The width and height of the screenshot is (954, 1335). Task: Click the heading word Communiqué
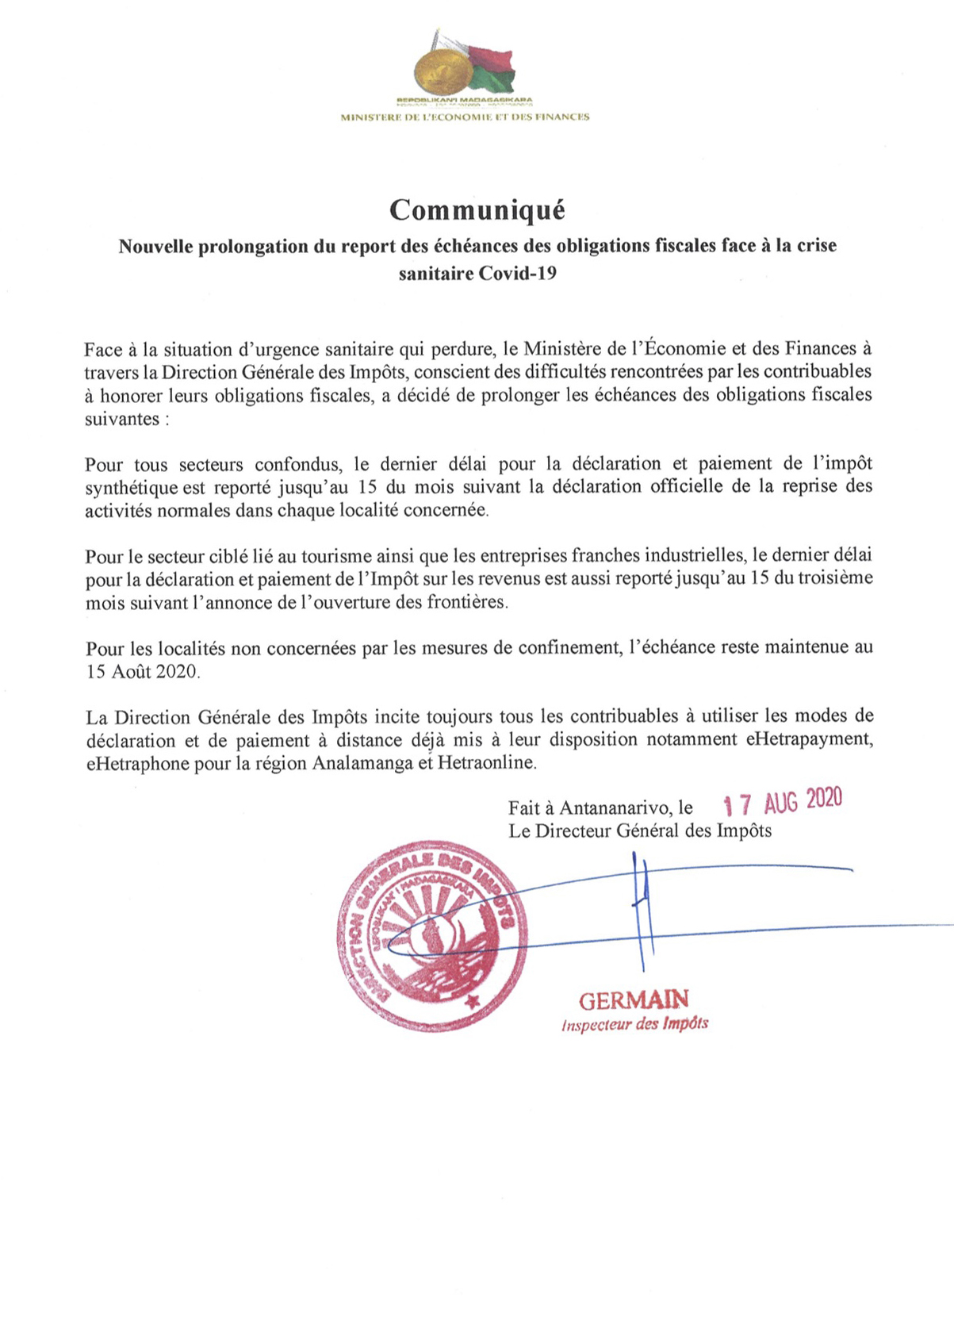pos(477,210)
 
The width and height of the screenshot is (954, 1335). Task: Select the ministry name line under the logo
pos(465,117)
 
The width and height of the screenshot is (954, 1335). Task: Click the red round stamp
pos(432,939)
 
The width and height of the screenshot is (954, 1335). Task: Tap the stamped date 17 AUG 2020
pos(783,803)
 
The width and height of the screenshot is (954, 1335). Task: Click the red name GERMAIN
pos(634,999)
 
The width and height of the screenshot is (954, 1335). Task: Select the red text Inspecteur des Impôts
pos(634,1024)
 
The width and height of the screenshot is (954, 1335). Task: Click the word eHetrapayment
pos(810,740)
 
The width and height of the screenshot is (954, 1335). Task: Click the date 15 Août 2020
pos(143,672)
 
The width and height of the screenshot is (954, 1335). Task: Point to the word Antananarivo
pos(615,808)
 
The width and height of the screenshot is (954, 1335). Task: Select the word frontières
pos(466,602)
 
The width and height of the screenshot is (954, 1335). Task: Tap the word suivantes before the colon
pos(122,420)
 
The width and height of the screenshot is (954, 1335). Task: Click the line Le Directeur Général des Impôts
pos(640,831)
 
